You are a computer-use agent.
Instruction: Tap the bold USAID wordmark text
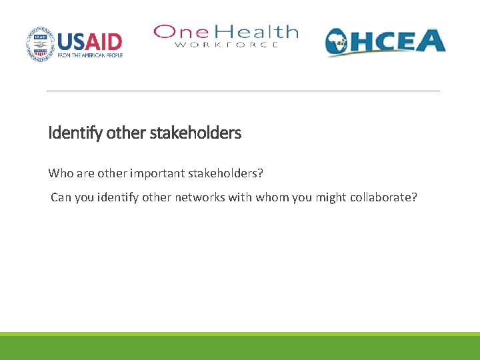tap(90, 41)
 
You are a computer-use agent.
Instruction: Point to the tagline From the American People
tap(90, 55)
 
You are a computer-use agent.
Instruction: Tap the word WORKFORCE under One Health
tap(226, 45)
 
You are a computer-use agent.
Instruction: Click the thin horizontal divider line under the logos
tap(243, 91)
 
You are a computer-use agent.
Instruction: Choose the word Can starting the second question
tap(61, 197)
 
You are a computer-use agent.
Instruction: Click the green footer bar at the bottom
tap(240, 347)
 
